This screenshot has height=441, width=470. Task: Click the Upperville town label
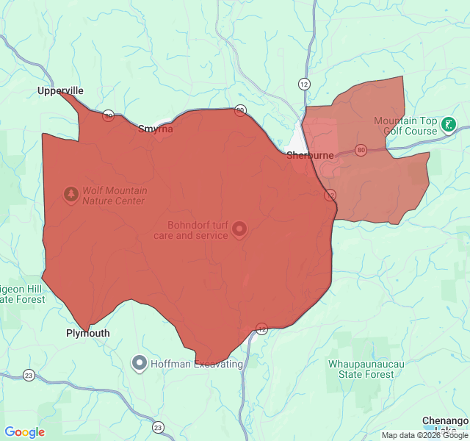(61, 91)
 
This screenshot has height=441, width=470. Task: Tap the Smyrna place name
(156, 129)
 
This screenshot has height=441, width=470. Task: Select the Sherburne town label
(310, 155)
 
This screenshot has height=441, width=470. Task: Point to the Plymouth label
(87, 333)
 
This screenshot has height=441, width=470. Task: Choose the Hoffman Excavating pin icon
(139, 362)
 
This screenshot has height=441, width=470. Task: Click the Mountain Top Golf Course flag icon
(448, 126)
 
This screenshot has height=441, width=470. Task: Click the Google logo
(25, 432)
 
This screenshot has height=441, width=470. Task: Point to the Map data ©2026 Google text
(424, 434)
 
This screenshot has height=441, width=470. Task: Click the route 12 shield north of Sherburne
(303, 84)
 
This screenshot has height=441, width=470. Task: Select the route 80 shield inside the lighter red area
(360, 150)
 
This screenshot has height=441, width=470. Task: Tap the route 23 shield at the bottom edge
(158, 427)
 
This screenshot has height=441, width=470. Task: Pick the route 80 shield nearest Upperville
(108, 115)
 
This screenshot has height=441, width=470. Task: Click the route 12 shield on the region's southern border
(261, 328)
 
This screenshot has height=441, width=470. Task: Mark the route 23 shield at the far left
(29, 376)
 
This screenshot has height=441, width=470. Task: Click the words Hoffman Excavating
(196, 364)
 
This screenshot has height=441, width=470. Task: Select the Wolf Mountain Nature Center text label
(114, 196)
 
